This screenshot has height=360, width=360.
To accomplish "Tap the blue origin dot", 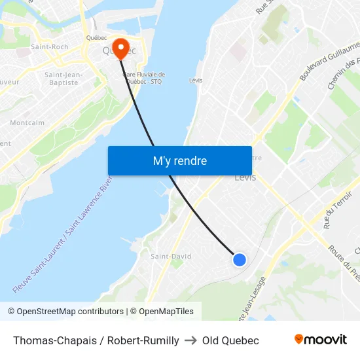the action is pos(240,260).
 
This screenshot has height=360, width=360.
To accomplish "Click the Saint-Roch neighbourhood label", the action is pos(50,47).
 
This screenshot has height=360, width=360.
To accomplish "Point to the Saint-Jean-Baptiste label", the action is pos(63,79).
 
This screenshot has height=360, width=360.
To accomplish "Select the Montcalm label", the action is pos(27,122).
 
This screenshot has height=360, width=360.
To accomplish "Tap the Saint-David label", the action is pos(171,257).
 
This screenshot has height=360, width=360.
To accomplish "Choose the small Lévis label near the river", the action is pos(195,81).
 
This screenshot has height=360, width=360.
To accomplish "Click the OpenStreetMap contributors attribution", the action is pos(65,312).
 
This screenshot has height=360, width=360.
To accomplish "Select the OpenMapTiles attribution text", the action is pos(161,312).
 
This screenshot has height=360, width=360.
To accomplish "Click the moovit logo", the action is pos(320,340).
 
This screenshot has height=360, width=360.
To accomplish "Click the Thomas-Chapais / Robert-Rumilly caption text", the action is pos(96,340).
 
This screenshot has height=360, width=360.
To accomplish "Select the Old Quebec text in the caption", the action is pos(230,340).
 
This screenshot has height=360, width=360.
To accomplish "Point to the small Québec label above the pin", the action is pos(96,37).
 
